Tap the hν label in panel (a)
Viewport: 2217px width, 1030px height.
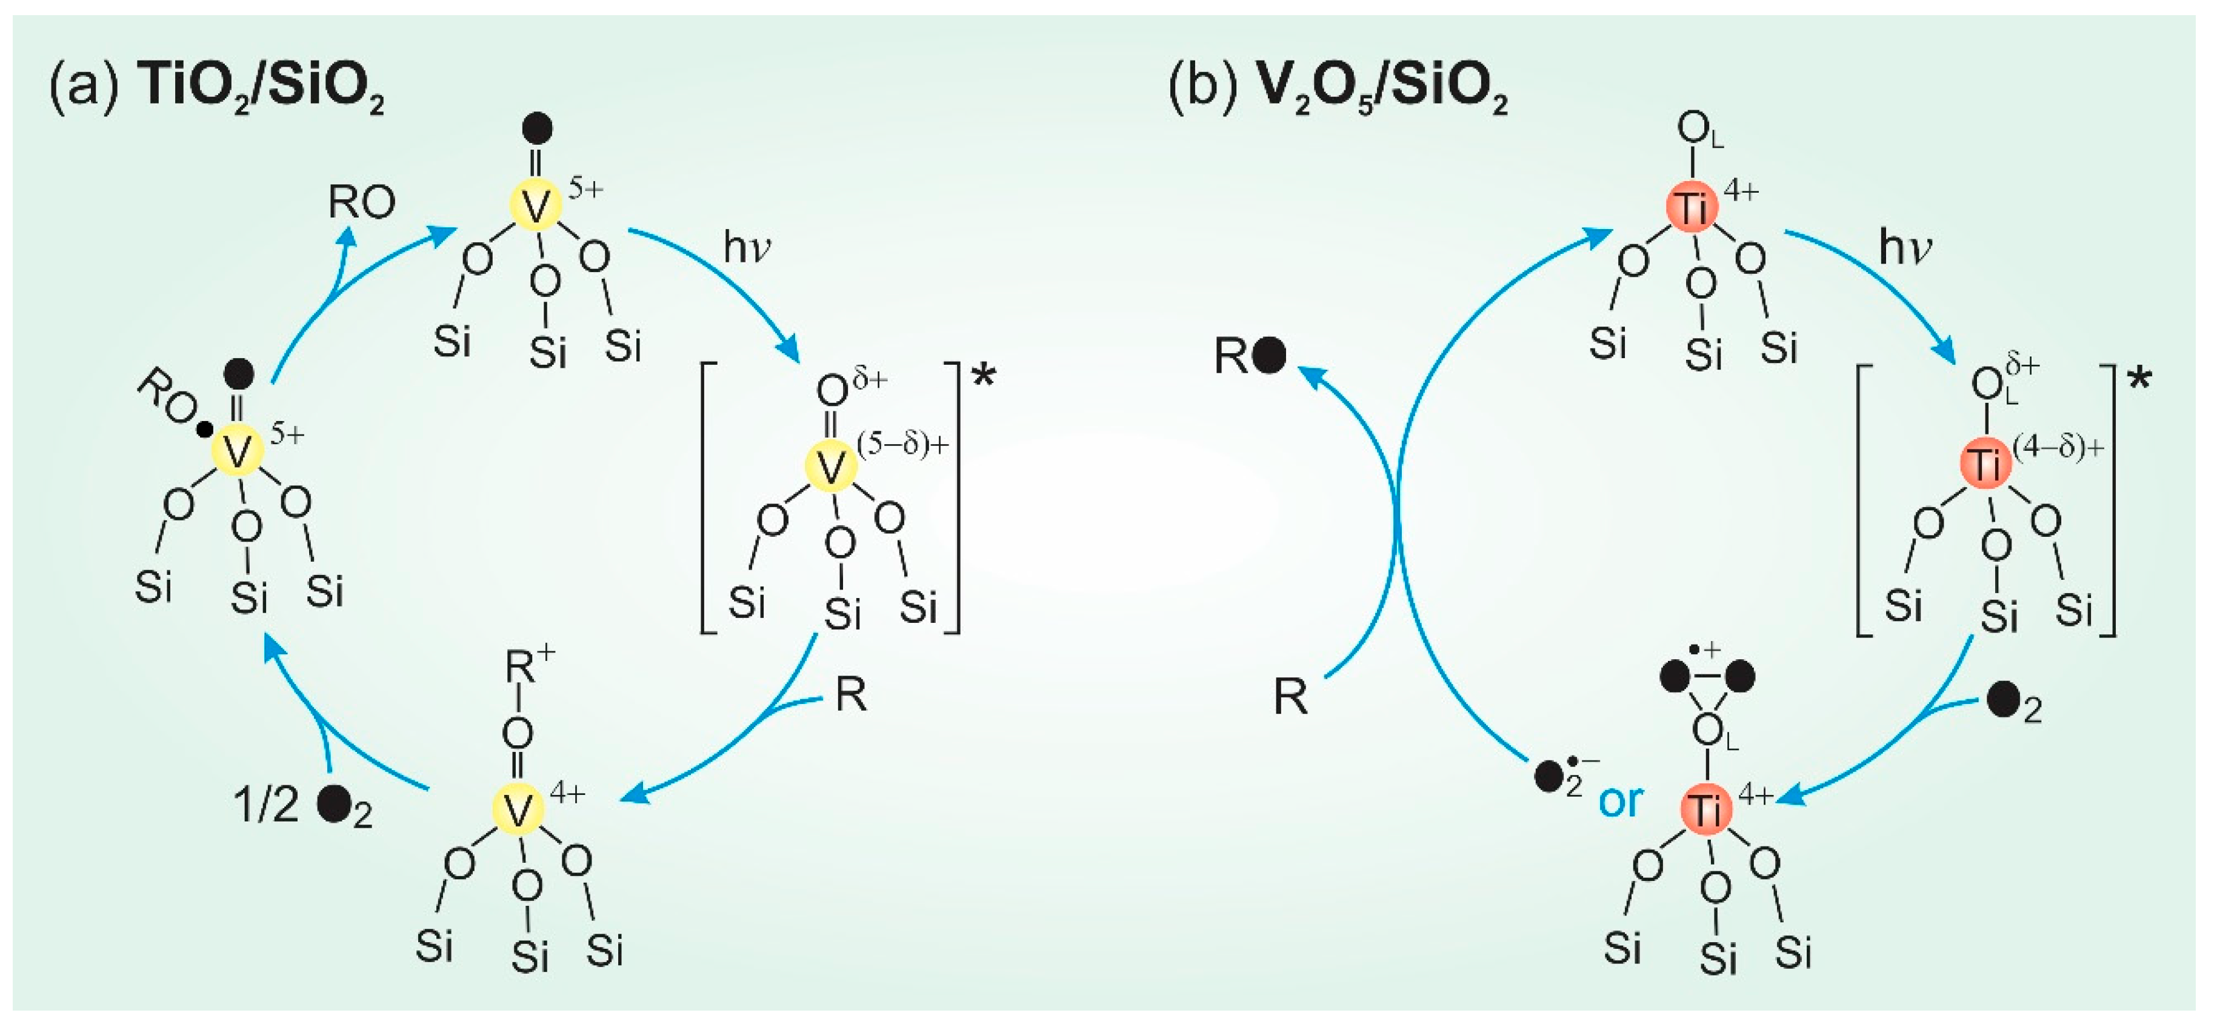pyautogui.click(x=746, y=248)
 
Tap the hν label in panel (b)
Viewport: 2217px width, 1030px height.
pyautogui.click(x=1904, y=248)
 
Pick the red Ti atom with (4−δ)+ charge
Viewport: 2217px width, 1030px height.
pyautogui.click(x=1985, y=465)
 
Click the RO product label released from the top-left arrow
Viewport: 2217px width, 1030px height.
pyautogui.click(x=361, y=203)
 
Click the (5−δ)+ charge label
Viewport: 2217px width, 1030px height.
pyautogui.click(x=903, y=444)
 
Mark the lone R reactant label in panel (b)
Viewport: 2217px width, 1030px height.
pyautogui.click(x=1290, y=697)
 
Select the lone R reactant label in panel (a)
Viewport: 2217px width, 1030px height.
pyautogui.click(x=850, y=694)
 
